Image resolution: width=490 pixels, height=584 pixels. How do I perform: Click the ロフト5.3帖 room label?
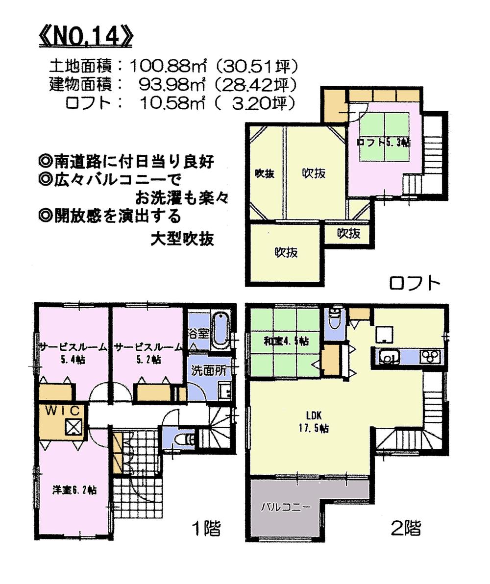(384, 142)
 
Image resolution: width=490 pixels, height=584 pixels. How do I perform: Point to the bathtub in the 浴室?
(221, 330)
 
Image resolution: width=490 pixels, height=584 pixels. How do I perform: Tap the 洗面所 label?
(208, 371)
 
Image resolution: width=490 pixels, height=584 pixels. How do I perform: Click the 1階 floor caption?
(205, 528)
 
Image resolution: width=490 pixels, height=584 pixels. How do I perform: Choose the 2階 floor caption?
(406, 528)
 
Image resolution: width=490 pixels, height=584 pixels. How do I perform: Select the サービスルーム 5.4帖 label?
(73, 353)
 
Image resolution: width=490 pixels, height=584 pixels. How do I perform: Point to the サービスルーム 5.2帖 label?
(148, 353)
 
